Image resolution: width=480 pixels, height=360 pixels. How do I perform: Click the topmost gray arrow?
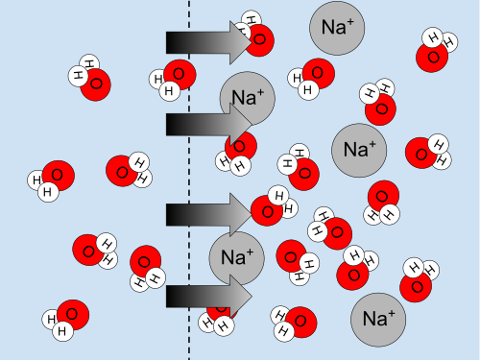pos(209,42)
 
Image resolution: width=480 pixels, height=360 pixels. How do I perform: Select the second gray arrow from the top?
pos(209,124)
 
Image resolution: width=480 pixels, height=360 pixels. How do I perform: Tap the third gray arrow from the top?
pos(209,214)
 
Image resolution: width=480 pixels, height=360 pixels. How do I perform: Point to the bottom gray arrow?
pos(209,297)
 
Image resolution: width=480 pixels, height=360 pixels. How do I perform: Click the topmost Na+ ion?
pos(337,28)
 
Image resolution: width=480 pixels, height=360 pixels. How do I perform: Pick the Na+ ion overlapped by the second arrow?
pos(248,99)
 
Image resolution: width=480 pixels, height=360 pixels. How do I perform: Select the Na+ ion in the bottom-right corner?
pos(378,320)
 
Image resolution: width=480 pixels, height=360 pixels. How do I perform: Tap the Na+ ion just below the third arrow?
pos(237,258)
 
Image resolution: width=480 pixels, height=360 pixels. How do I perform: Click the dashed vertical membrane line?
pos(189,180)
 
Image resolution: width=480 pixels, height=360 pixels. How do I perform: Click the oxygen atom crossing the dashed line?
pos(180,75)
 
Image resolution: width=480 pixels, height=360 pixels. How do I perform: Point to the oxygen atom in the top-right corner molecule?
pos(432,57)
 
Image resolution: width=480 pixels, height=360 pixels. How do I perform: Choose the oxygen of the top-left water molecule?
pos(95,84)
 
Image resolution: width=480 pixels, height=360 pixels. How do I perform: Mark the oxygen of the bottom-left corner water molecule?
pos(73,315)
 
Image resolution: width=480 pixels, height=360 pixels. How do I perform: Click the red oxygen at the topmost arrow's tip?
pos(259,40)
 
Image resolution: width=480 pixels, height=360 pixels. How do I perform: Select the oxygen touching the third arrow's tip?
pos(267,211)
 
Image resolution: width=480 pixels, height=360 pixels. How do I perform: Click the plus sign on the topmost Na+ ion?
pos(350,22)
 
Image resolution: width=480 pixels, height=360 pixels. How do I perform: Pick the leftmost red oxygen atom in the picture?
pos(59,176)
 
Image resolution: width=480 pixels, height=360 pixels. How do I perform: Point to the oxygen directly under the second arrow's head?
pos(241,146)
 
